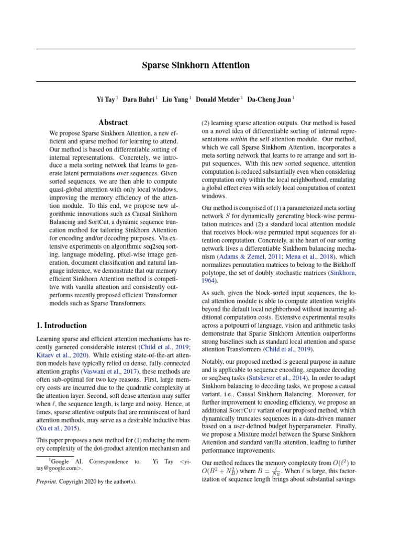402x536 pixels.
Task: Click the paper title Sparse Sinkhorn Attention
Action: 196,65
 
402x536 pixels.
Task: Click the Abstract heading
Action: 113,122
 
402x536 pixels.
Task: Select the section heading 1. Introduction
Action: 62,326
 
